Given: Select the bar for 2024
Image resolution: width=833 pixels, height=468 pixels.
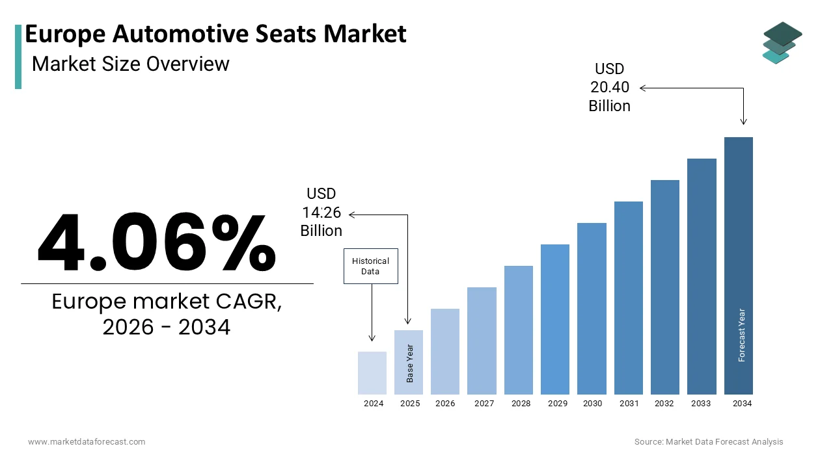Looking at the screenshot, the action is [372, 373].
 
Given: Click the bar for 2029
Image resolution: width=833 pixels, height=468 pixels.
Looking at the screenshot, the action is [555, 319].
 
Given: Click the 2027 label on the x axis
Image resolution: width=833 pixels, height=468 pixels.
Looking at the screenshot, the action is [484, 404].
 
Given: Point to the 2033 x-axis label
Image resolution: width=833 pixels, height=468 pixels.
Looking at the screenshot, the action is [701, 404].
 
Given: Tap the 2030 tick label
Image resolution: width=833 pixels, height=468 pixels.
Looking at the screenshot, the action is [592, 404].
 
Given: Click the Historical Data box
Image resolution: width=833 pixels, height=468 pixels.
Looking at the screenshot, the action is [370, 266].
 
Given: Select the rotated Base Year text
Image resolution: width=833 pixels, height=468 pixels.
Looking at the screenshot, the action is [410, 363].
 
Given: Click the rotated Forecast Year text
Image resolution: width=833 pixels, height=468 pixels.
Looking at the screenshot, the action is [741, 335].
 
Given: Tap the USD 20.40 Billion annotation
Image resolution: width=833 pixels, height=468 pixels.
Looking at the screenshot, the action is [610, 87].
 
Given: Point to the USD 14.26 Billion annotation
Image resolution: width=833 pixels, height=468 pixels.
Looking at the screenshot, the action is [321, 212].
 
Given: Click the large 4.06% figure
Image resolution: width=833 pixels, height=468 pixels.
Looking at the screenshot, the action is [157, 242].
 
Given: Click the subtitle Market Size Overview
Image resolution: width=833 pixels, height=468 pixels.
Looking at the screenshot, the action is [130, 64].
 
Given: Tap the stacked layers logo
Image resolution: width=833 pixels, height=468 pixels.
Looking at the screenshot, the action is [782, 43].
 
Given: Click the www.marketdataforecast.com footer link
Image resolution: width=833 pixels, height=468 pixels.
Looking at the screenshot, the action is [87, 442].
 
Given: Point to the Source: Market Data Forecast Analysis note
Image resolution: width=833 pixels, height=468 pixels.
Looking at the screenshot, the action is [709, 442].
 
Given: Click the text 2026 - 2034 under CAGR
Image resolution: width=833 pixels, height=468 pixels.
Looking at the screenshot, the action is [167, 328].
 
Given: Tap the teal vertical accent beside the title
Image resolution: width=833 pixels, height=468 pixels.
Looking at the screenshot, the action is [18, 57].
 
